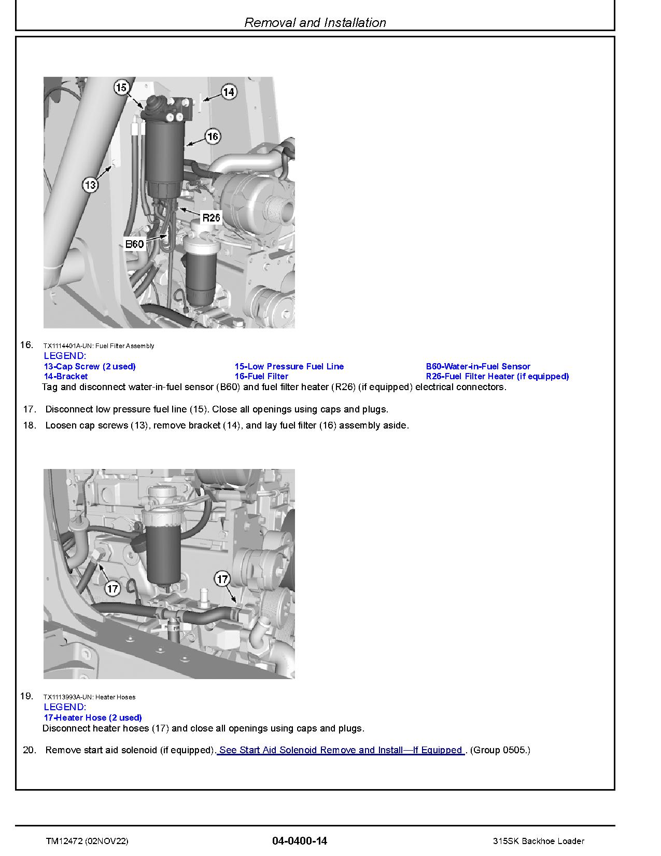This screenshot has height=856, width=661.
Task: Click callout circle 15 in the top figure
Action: [x=121, y=88]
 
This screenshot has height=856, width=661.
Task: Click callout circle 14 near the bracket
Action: [x=229, y=92]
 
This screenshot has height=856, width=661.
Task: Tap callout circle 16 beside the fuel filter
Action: [x=213, y=136]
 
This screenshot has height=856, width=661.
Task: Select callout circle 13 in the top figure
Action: [x=90, y=185]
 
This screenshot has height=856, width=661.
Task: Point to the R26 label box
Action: [x=211, y=218]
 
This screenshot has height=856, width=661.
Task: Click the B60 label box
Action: [x=134, y=243]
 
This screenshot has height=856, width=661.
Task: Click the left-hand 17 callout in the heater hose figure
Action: [x=112, y=588]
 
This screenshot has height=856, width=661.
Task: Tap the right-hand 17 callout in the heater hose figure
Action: [x=222, y=579]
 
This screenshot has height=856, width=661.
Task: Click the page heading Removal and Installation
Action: [x=315, y=22]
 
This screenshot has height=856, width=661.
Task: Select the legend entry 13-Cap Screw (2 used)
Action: [x=90, y=366]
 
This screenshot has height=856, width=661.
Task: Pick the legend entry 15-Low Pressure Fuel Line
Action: [x=289, y=366]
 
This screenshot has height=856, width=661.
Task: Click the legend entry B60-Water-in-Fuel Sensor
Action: [x=478, y=366]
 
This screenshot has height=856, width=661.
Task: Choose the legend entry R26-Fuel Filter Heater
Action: [x=497, y=376]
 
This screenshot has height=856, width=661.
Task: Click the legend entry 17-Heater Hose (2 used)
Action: [x=93, y=717]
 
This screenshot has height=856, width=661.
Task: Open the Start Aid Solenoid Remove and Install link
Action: [x=341, y=750]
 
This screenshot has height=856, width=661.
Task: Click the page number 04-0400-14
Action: [x=299, y=841]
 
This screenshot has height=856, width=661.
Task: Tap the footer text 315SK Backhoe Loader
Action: [x=539, y=841]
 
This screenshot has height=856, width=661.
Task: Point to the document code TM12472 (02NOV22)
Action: [x=87, y=841]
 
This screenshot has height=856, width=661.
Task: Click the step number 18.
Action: [x=30, y=425]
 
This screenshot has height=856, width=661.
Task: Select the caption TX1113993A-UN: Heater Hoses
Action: [x=89, y=697]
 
